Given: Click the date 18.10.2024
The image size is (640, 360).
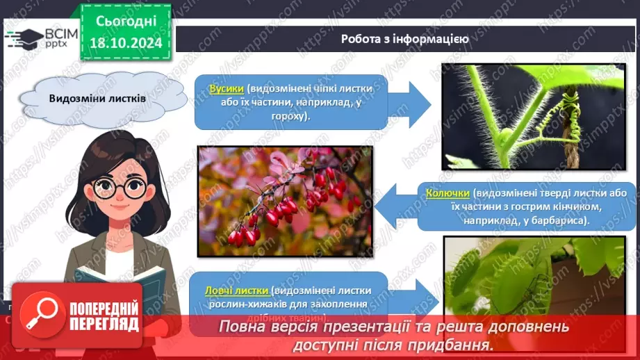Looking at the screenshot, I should click(125, 42).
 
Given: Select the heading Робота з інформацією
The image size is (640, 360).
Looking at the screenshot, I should click(404, 39).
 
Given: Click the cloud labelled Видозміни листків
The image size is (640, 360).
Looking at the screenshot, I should click(97, 98).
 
